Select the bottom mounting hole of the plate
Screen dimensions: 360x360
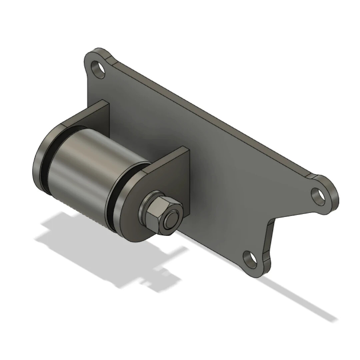pyautogui.click(x=250, y=259)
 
